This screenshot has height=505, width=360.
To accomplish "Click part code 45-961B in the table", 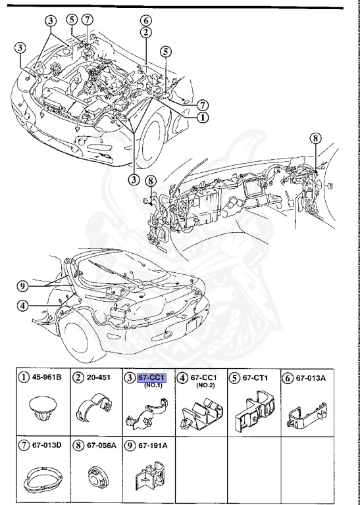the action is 46,377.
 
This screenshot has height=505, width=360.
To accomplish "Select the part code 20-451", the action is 98,377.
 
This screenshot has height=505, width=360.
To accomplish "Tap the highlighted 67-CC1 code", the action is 151,377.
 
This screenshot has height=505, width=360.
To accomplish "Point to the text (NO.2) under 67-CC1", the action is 205,385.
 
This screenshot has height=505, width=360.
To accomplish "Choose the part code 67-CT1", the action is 255,377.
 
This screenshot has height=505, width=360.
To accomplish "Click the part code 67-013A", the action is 311,378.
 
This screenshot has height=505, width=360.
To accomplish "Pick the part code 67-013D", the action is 47,445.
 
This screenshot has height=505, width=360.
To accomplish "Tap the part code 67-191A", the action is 153,445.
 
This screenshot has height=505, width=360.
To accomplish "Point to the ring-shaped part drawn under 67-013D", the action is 42,479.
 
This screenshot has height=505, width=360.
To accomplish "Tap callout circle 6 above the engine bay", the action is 145,21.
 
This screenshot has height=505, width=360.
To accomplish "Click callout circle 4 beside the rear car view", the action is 22,305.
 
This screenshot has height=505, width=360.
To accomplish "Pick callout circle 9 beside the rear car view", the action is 22,286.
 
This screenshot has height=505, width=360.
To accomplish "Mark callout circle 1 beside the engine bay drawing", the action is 203,117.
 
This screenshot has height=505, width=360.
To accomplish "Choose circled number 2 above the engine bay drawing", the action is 145,32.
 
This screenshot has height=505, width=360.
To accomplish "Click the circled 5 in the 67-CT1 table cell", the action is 235,378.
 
